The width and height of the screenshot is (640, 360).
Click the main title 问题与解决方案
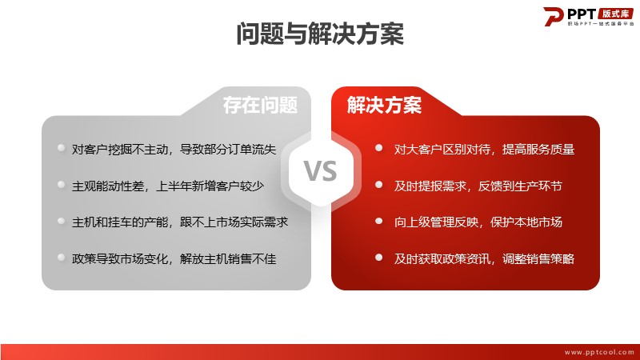point(320,34)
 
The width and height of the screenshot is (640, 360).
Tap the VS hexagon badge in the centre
point(321,170)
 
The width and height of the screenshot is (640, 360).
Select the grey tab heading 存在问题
point(260,105)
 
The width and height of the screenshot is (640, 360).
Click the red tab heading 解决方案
point(384,105)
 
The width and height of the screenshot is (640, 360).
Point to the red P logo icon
point(553,16)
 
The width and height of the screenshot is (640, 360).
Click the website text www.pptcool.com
point(598,352)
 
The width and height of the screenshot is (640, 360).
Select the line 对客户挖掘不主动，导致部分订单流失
point(174,150)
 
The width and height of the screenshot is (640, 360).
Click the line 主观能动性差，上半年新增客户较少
point(168,186)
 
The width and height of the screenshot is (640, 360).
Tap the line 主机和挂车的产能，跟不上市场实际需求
point(180,222)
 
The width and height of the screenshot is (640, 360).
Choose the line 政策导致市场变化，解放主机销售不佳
point(174,258)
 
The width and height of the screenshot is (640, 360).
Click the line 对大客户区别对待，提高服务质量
point(484,150)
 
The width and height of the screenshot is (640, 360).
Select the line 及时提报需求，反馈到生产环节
point(478,186)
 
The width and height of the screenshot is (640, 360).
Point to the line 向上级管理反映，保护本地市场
point(478,222)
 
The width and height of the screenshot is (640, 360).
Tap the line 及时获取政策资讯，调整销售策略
point(484,258)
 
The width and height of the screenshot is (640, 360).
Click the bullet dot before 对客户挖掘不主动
point(62,148)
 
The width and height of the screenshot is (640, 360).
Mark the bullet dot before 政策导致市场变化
point(62,257)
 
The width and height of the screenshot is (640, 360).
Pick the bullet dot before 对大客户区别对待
point(378,148)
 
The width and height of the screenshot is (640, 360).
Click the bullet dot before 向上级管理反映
point(378,221)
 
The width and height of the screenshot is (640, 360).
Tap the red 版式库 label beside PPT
point(616,14)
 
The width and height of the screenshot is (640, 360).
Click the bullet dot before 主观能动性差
point(62,185)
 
